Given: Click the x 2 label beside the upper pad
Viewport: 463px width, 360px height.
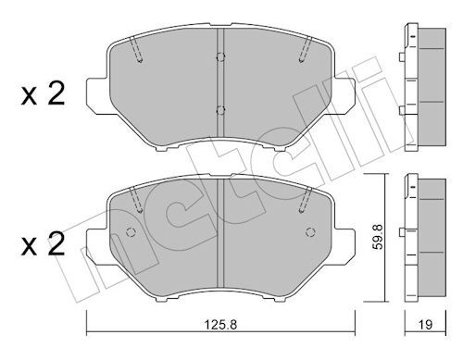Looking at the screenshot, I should click(x=41, y=94).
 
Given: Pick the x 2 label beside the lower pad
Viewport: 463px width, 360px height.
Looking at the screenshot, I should click(x=41, y=246).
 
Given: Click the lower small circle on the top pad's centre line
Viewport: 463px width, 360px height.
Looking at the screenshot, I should click(x=221, y=112).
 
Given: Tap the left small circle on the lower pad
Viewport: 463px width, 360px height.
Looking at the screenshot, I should click(x=130, y=231).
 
